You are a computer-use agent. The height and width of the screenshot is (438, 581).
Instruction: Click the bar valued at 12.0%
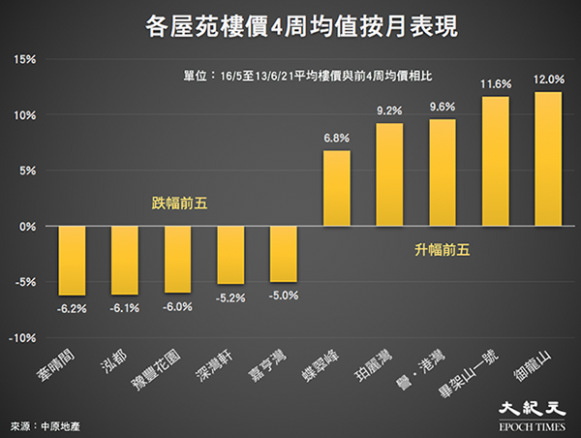pos(548,159)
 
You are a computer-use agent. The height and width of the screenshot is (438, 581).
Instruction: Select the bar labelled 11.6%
pos(496,161)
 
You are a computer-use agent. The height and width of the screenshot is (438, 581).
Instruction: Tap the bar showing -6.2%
pos(72,261)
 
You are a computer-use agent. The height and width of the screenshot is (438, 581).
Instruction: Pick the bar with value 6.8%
pos(336,188)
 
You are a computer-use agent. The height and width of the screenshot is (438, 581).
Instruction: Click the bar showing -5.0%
pos(284,254)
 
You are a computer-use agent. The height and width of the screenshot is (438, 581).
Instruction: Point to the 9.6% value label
pos(443,108)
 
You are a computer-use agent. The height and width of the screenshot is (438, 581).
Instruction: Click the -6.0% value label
pos(177,307)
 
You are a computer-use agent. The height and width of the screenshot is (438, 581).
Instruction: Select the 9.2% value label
pos(389,110)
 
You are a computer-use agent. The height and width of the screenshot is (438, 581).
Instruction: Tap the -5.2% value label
pos(230,298)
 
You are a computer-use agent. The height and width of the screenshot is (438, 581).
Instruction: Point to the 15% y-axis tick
pos(25,59)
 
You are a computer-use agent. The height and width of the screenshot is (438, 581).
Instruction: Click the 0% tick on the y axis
pos(28,226)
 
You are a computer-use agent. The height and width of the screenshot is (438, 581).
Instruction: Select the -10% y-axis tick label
pos(22,338)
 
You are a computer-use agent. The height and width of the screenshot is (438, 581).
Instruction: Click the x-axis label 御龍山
pos(533,365)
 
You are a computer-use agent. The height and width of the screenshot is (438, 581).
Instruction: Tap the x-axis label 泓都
pos(113,360)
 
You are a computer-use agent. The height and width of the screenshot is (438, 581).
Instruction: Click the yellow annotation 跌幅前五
pos(180,203)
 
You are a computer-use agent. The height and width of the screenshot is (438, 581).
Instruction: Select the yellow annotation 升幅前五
pos(443,250)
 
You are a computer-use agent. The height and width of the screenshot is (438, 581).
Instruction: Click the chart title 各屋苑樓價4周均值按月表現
pos(301,26)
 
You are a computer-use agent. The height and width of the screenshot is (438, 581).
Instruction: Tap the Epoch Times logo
pos(532,416)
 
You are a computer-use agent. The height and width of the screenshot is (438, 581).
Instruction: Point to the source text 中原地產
pos(60,426)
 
